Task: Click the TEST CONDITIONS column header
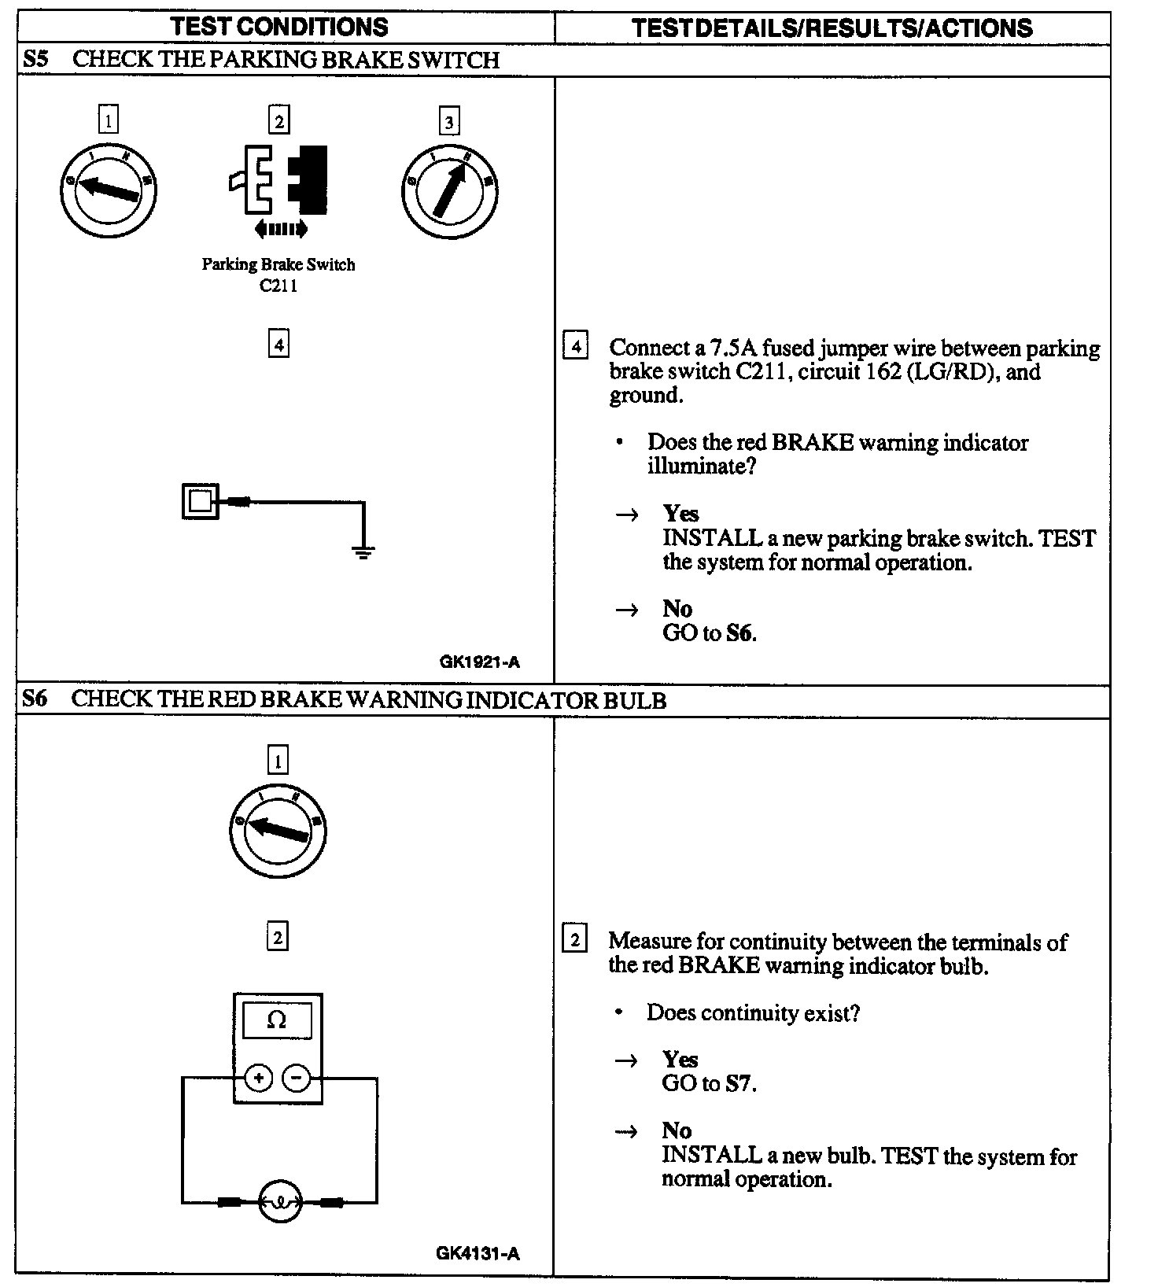(279, 27)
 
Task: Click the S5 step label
(35, 60)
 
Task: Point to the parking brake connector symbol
(279, 179)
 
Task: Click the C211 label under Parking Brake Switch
(278, 286)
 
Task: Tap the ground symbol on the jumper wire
(363, 551)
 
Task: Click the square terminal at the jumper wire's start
(201, 501)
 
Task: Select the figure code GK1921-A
(479, 662)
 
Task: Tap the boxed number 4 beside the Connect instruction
(576, 347)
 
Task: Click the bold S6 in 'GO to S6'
(739, 633)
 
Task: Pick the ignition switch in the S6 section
(277, 830)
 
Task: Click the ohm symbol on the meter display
(277, 1020)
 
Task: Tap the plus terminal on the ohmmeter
(259, 1078)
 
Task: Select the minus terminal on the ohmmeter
(297, 1078)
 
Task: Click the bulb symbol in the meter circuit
(279, 1202)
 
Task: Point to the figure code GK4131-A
(478, 1253)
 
